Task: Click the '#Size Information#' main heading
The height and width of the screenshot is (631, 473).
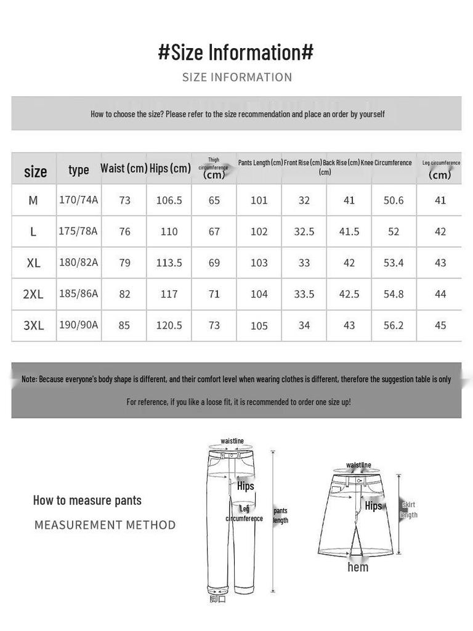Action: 236,52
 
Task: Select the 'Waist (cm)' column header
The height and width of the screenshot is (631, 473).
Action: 124,168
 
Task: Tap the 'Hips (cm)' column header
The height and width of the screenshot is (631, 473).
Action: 170,168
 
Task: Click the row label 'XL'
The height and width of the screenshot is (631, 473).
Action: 33,263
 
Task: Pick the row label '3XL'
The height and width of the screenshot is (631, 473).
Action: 33,325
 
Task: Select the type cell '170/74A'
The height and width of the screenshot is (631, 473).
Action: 79,200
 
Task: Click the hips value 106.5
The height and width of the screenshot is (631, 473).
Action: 169,200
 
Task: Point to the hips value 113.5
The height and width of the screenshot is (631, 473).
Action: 169,263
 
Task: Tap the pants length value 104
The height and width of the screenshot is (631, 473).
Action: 259,295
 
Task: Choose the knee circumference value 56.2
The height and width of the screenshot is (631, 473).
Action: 394,325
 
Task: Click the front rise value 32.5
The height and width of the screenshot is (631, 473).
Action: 304,232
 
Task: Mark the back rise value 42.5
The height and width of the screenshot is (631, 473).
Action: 349,295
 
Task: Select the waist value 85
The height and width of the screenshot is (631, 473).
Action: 124,325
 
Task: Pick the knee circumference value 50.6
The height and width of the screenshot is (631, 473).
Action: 394,200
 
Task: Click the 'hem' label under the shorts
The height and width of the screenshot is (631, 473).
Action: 358,567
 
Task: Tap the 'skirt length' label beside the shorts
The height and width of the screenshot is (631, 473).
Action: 409,510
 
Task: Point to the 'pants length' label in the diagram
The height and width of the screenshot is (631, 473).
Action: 280,515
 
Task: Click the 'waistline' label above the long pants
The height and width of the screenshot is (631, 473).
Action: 232,441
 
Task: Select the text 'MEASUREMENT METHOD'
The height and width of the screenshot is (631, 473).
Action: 105,525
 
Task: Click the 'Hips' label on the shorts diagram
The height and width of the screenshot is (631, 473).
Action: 373,506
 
